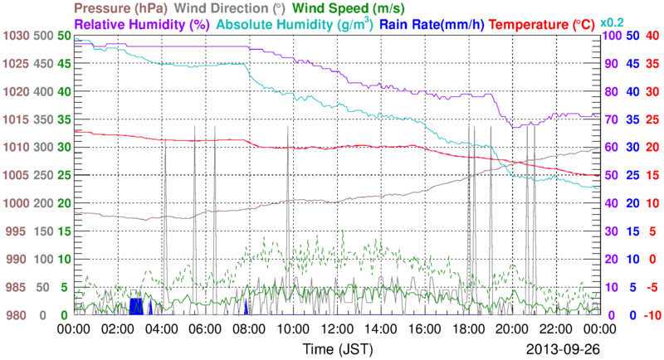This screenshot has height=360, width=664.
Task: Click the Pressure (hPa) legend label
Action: pos(120,8)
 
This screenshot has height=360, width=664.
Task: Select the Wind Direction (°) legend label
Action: pos(230,8)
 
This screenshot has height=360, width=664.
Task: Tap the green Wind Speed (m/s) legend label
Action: pos(348,8)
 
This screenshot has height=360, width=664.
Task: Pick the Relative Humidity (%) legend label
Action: pos(142,25)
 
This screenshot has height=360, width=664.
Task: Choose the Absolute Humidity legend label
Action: pos(295,25)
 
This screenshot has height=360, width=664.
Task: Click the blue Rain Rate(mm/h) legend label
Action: pos(432,25)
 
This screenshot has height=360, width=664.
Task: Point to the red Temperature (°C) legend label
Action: pos(542,25)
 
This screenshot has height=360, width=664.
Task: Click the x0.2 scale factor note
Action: pos(612,22)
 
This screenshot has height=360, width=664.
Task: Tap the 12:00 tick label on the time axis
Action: pos(337,329)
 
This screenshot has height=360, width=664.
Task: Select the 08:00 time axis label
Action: pos(250,329)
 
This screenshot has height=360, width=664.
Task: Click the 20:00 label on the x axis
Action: pos(512,329)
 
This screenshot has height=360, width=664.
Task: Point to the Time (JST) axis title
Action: pos(338,349)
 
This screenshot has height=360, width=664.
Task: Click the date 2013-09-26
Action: pos(563,349)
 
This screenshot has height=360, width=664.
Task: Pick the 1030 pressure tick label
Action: pos(16,36)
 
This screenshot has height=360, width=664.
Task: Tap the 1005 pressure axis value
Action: pos(16,175)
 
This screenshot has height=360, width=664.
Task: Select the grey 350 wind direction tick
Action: pos(44,119)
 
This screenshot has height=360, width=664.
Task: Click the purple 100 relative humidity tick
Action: pos(612,36)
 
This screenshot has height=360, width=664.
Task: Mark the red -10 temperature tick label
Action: pos(652,315)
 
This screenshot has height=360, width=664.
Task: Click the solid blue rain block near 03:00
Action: pos(136,306)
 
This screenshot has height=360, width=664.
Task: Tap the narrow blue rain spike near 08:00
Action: pos(246,307)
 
